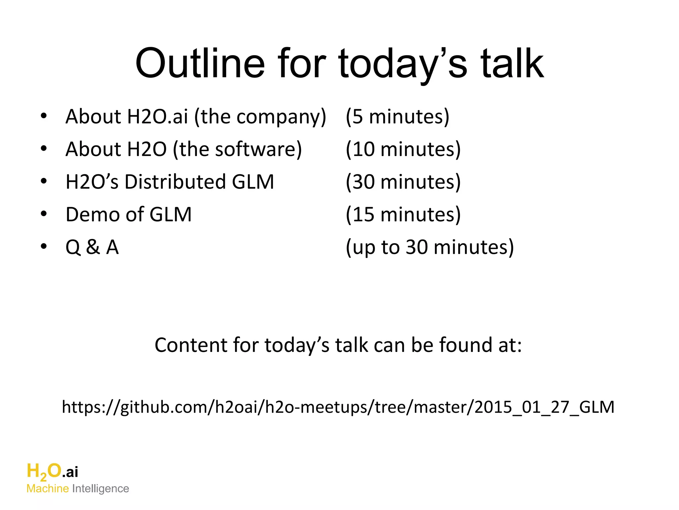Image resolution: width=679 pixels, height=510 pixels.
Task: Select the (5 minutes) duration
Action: [x=397, y=117]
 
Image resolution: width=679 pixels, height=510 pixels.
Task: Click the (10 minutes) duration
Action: [x=403, y=149]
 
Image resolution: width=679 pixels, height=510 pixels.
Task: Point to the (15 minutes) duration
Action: [x=403, y=214]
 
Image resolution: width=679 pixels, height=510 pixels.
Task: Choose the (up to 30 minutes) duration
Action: [x=430, y=247]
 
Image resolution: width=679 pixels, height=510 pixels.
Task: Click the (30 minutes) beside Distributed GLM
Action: [x=403, y=182]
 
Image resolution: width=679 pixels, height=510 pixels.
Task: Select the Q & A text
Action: [x=92, y=247]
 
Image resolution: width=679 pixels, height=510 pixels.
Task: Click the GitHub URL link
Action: [x=338, y=407]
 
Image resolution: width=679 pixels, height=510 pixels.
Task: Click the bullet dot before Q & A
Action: [x=44, y=246]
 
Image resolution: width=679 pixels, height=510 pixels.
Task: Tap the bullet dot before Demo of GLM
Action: [x=44, y=214]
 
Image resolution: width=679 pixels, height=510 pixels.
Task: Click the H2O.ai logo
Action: [x=52, y=471]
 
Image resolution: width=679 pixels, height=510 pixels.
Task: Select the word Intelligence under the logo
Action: [x=100, y=489]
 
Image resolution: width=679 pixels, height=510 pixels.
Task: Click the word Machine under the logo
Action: [x=48, y=489]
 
